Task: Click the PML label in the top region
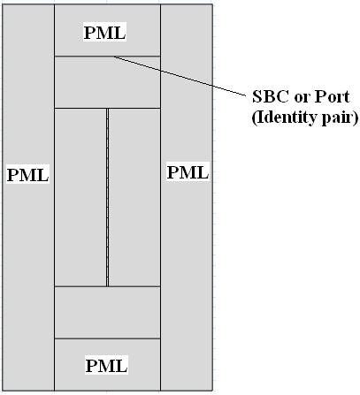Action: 105,32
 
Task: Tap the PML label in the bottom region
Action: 106,365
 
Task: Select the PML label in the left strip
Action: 27,175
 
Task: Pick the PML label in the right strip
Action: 188,172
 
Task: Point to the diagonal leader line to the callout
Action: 180,76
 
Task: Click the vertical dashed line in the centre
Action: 107,197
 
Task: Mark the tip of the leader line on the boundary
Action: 115,57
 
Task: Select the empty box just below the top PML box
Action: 107,82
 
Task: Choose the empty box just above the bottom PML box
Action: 107,312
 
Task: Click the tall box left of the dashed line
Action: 80,197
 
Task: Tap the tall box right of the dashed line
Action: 134,197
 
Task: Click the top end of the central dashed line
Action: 107,109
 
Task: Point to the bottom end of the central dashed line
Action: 107,285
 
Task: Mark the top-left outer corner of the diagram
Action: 3,4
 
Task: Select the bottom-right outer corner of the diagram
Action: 212,391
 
